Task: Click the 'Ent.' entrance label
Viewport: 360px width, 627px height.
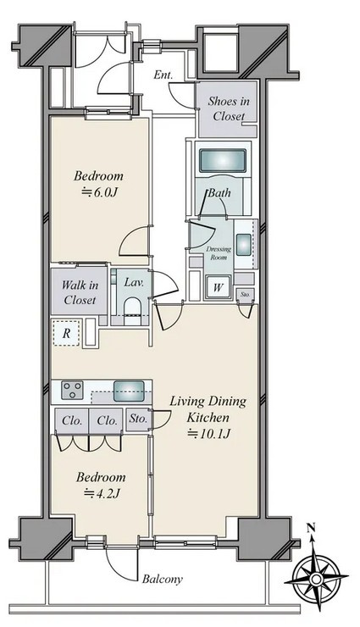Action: pos(163,75)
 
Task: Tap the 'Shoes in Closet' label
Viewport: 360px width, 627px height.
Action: pos(229,108)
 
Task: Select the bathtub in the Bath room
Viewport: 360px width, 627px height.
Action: pos(223,161)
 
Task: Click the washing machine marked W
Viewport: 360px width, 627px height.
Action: pos(218,286)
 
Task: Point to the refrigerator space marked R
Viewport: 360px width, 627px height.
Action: pos(66,333)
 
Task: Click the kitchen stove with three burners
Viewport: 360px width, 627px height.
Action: pos(72,390)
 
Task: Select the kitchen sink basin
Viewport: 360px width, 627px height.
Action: pos(129,391)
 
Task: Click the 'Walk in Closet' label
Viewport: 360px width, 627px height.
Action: pos(80,292)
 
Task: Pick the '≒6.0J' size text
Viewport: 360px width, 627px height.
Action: pos(99,192)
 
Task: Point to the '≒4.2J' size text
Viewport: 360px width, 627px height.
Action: pos(102,494)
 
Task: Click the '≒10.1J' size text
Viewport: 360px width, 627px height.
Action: pos(209,434)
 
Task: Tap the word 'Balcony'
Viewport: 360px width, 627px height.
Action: pos(163,579)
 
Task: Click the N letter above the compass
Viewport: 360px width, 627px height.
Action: pos(311,529)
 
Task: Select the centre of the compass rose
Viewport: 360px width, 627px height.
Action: pos(316,579)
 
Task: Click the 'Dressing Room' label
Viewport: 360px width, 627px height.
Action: pos(219,253)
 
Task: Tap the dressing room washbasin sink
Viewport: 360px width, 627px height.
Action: pos(243,244)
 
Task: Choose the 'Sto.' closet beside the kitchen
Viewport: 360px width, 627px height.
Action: pos(138,419)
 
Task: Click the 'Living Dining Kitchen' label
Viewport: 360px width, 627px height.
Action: pos(208,409)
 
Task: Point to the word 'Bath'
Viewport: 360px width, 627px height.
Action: pos(219,193)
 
